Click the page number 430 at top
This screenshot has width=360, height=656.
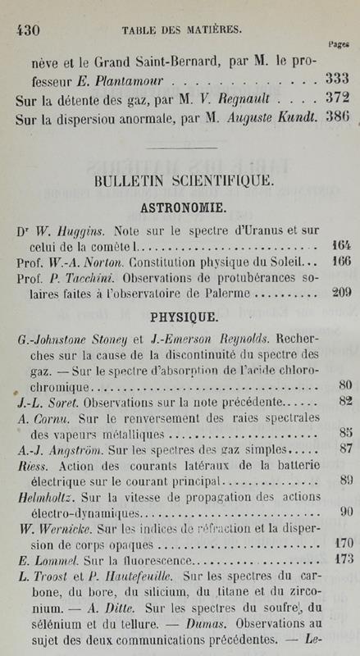30,27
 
